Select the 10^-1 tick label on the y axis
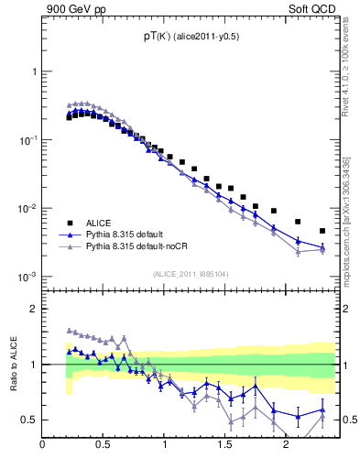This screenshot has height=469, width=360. [x=27, y=139]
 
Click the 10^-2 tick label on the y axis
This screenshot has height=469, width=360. [x=27, y=208]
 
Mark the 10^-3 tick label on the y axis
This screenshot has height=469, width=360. [x=27, y=277]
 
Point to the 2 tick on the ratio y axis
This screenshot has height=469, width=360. [x=33, y=309]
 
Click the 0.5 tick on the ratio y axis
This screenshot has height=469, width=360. [x=29, y=420]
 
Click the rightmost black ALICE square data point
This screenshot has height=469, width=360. [x=322, y=231]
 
